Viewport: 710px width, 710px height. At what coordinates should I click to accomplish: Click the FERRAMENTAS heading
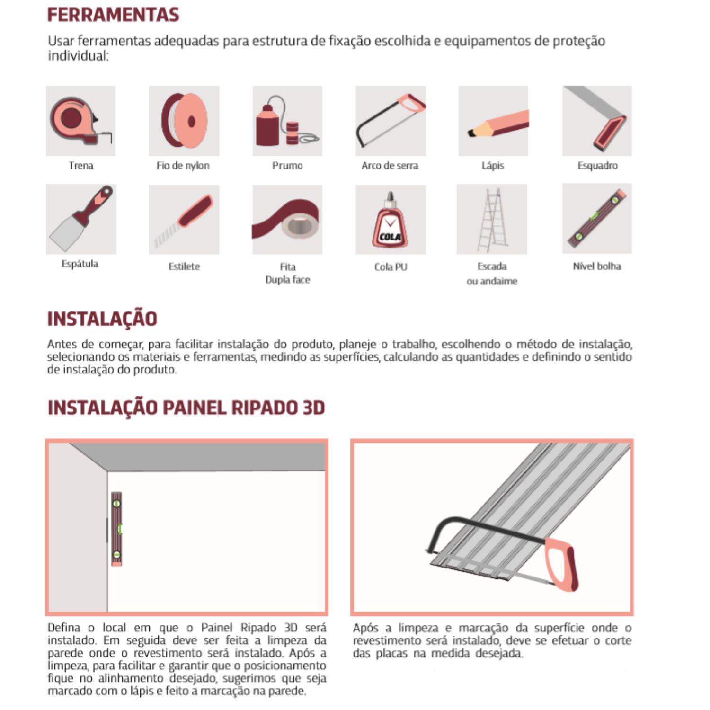113,15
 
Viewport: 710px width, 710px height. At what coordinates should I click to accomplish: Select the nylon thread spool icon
184,121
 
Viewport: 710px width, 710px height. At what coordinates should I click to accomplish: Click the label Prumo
287,166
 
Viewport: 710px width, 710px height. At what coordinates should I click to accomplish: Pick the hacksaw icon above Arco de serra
390,121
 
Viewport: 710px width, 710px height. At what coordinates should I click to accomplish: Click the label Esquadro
597,166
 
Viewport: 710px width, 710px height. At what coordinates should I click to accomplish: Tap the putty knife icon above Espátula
81,219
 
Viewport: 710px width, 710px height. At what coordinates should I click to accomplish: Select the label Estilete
184,266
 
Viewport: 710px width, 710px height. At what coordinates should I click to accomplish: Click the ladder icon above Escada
492,220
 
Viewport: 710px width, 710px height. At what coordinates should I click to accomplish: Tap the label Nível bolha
597,266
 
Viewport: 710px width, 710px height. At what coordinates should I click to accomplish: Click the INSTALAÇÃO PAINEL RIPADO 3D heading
186,408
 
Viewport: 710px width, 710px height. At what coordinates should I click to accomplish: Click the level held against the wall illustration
116,529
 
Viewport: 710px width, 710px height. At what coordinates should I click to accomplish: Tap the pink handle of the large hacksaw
562,563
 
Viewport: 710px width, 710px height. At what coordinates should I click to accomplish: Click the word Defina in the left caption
64,628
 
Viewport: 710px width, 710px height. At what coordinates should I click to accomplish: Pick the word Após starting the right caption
365,628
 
